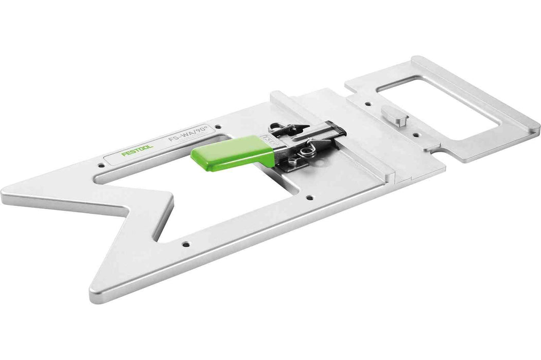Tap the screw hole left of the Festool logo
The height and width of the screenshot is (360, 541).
(x=99, y=166)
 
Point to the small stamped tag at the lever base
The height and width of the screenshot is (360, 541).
(x=267, y=138)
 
